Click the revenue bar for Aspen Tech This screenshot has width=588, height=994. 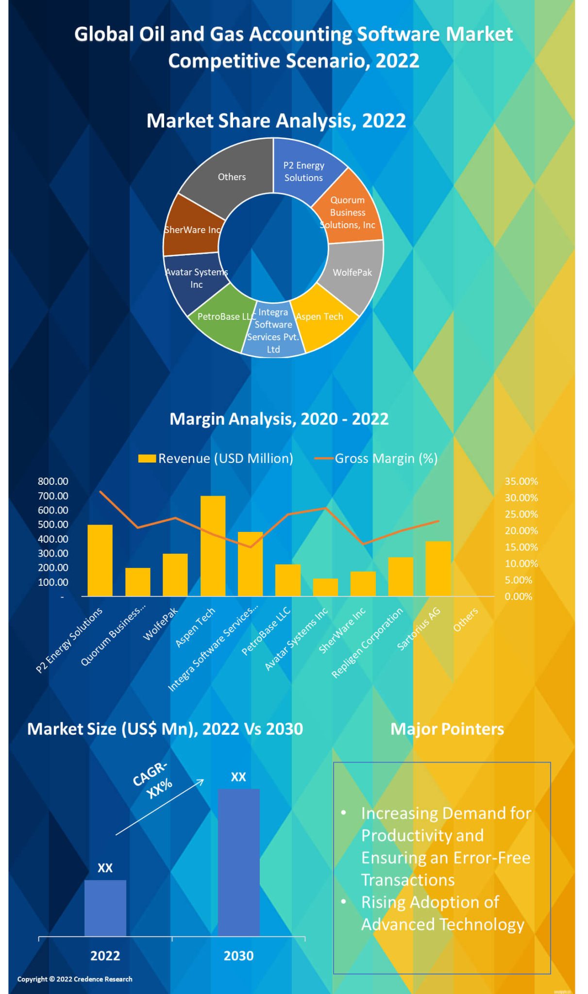[x=213, y=546]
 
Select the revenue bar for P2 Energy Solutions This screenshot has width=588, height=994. [x=100, y=560]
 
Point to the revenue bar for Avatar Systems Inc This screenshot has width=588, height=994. [x=325, y=587]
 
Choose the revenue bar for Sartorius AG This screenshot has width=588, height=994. [x=438, y=568]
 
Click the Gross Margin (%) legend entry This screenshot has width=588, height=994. [x=376, y=458]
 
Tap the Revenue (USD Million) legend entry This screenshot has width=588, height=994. [x=216, y=458]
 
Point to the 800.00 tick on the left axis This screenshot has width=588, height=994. [x=53, y=481]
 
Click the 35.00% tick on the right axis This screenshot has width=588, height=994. [x=521, y=481]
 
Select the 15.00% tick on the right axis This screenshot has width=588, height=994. [x=521, y=547]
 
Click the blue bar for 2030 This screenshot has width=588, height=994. [x=238, y=862]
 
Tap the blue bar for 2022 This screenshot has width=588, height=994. [x=105, y=908]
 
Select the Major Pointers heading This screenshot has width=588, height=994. [x=447, y=729]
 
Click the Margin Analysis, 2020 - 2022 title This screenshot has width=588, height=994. [x=279, y=418]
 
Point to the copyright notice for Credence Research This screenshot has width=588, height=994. [x=75, y=979]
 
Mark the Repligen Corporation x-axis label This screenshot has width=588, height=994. [x=367, y=643]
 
